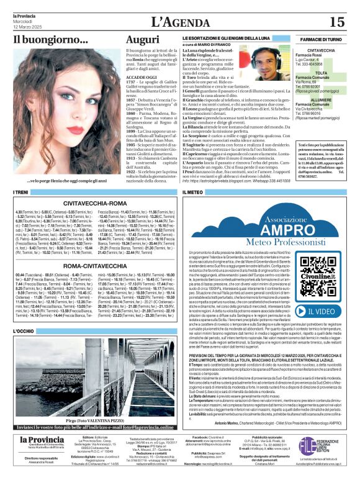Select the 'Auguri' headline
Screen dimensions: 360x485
[x=143, y=40]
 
